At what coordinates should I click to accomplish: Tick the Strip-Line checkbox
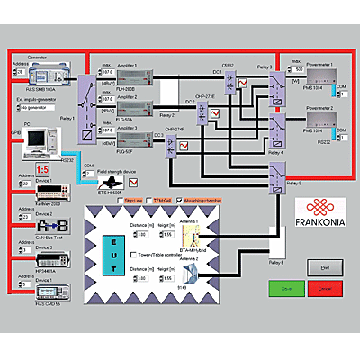[120, 200]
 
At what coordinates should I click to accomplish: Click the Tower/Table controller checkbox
[126, 256]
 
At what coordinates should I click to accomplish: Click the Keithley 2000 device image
[43, 193]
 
